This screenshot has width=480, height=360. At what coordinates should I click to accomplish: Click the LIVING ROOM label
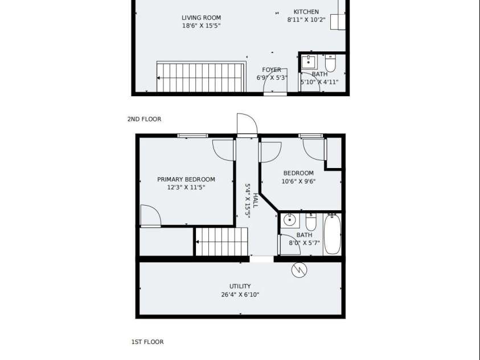tap(201, 18)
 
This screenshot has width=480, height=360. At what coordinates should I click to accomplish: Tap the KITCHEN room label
tap(306, 11)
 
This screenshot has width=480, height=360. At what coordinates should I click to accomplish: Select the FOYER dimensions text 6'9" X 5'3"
tap(272, 78)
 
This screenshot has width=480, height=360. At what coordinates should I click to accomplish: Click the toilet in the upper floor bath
tap(330, 63)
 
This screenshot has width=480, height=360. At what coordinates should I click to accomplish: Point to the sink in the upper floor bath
tap(309, 62)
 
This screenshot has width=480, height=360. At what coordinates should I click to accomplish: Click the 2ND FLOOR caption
tap(144, 119)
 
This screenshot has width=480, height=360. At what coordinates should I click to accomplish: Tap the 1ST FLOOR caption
tap(147, 342)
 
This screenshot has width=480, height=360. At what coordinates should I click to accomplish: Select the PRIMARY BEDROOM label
tap(186, 179)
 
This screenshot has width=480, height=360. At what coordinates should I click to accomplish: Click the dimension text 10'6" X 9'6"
tap(298, 181)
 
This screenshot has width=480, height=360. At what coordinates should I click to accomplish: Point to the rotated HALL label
tap(255, 200)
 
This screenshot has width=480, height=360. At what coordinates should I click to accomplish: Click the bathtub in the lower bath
tap(332, 234)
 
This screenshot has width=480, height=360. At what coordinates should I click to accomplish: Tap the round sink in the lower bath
tap(290, 220)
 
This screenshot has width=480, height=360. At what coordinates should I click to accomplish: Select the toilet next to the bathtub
tap(311, 222)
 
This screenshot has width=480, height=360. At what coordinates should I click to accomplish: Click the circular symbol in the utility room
tap(299, 269)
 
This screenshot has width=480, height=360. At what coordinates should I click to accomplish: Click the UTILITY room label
tap(240, 286)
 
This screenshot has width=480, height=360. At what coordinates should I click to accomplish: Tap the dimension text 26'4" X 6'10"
tap(240, 295)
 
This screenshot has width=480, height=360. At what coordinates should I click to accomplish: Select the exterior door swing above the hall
tap(247, 125)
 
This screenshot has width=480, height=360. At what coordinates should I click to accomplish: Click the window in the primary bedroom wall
tap(193, 136)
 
